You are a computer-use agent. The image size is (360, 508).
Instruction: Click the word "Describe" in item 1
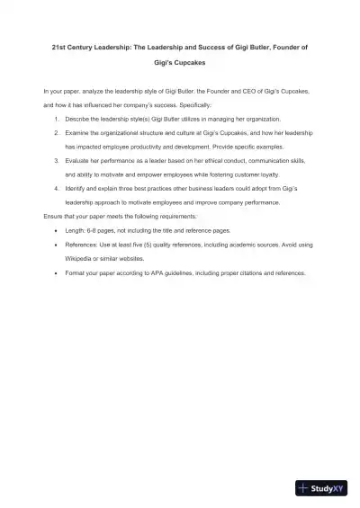(x=76, y=119)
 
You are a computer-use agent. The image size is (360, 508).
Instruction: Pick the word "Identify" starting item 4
(x=76, y=189)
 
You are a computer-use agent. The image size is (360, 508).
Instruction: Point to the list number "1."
(x=57, y=119)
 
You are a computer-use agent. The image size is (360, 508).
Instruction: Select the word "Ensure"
(x=53, y=217)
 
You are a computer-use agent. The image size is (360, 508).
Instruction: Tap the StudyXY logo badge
(x=321, y=488)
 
